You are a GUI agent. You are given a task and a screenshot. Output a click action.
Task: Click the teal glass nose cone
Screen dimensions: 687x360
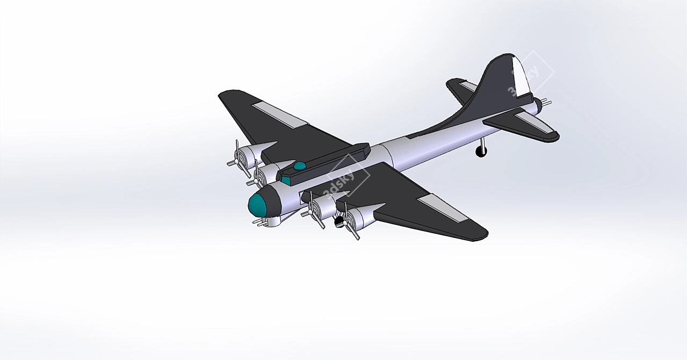click(257, 205)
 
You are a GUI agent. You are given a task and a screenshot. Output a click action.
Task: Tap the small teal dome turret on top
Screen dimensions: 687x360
click(300, 165)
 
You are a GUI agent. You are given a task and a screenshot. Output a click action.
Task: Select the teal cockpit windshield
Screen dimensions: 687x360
click(286, 180)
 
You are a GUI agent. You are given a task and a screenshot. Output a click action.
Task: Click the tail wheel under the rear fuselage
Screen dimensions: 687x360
click(480, 151)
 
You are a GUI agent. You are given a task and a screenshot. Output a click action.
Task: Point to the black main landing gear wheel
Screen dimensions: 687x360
click(338, 221)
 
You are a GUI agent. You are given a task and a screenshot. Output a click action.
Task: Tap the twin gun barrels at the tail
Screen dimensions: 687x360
click(544, 102)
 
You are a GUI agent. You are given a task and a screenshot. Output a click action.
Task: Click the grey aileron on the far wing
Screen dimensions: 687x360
click(280, 116)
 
